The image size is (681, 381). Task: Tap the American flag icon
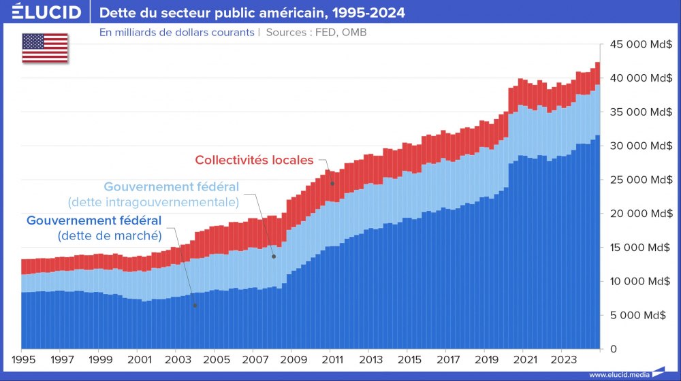tap(45, 48)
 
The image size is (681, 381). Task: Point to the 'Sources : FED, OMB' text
tap(317, 32)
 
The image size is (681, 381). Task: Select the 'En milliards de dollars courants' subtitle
tap(176, 32)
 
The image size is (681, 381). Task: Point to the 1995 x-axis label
tap(23, 359)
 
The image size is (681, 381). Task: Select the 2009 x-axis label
tap(292, 359)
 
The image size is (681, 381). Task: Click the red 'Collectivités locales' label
tap(254, 161)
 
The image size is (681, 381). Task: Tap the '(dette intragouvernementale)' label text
tap(153, 202)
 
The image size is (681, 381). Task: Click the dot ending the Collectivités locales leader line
tap(332, 184)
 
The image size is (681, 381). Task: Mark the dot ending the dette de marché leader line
tap(195, 305)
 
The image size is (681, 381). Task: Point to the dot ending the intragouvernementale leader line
tap(273, 256)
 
